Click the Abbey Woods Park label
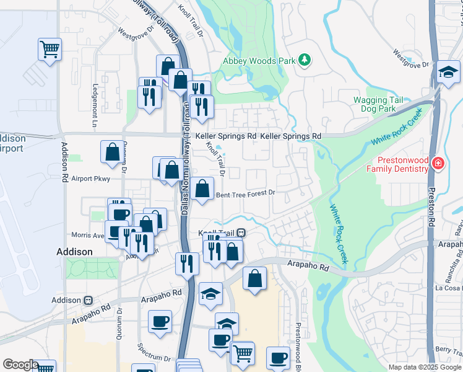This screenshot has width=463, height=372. click(259, 61)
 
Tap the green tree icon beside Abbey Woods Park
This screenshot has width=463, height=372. click(305, 60)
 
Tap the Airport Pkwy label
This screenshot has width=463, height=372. click(90, 179)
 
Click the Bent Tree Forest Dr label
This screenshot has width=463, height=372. click(245, 193)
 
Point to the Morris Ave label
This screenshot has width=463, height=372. click(87, 235)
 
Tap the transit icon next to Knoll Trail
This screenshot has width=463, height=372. click(241, 233)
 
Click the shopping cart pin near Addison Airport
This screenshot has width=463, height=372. click(50, 48)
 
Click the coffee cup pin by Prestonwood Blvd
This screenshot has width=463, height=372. click(278, 358)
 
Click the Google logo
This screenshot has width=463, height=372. click(20, 365)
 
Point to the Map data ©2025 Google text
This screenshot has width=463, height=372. click(425, 367)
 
